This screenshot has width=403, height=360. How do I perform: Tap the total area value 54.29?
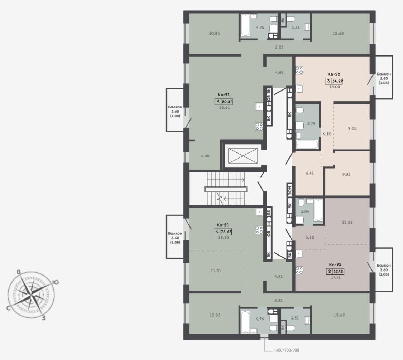tap(337, 81)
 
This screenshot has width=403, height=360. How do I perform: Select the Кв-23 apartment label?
tap(335, 264)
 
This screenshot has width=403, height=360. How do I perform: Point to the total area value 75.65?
tap(226, 232)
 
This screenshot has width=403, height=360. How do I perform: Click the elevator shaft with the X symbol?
tap(243, 156)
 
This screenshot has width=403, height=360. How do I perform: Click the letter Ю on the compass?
tap(55, 282)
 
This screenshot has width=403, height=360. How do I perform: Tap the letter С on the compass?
tap(9, 308)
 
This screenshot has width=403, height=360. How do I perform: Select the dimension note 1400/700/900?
tap(287, 350)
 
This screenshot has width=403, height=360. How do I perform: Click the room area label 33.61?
tap(224, 108)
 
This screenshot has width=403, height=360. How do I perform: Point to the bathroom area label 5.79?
tap(311, 124)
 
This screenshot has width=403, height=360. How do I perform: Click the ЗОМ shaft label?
tap(290, 190)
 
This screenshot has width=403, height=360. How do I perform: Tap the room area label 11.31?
tap(216, 271)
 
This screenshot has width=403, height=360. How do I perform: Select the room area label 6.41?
tap(310, 173)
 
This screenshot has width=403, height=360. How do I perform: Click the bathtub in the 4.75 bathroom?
tap(245, 25)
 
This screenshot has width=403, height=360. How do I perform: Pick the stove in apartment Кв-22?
tap(299, 70)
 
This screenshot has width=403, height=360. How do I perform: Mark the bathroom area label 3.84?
tap(305, 211)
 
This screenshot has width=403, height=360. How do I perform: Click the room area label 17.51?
tap(336, 277)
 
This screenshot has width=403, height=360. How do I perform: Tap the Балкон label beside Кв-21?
tap(175, 107)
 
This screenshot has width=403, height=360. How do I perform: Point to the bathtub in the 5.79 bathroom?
tap(307, 145)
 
